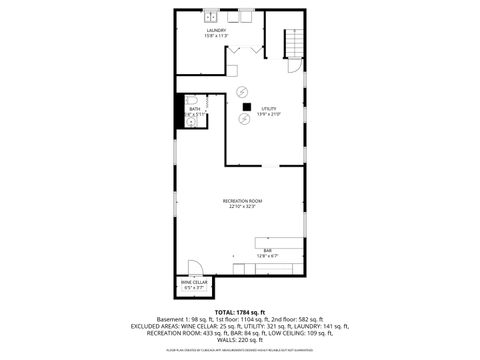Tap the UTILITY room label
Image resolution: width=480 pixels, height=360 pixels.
(x=269, y=108)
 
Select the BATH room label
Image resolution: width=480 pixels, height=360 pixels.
(x=195, y=108)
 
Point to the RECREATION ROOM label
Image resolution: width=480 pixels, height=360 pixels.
(x=240, y=201)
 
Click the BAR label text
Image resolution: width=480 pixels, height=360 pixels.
(x=268, y=250)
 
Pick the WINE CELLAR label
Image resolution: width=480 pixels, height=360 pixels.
(x=194, y=283)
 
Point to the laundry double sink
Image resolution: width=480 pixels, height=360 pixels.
(x=213, y=17)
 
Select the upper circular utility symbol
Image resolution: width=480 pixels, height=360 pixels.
(x=241, y=91)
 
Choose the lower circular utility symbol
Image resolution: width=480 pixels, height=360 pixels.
(x=242, y=119)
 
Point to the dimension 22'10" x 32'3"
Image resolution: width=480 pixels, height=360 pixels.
(x=240, y=207)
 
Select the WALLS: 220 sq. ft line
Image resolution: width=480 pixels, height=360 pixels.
(x=240, y=341)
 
